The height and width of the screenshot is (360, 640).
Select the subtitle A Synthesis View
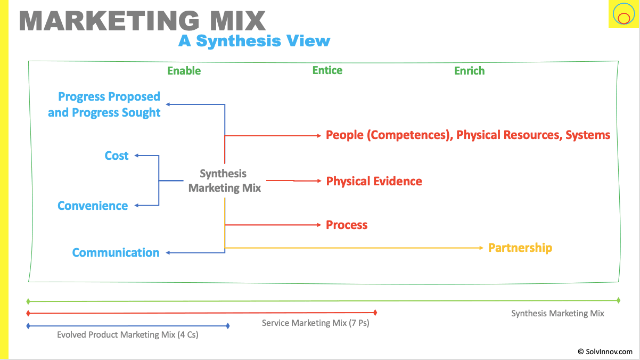pos(254,41)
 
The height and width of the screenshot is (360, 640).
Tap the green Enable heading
pos(184,70)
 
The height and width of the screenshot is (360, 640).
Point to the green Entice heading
pos(327,70)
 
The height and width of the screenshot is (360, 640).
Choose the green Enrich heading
pos(469,70)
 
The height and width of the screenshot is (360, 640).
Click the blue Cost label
pos(117,156)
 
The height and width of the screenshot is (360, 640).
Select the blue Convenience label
pos(93,206)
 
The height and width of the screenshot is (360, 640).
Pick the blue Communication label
pos(116,252)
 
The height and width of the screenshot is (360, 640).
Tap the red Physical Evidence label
pos(374,181)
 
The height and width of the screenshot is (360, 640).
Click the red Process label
pos(347,225)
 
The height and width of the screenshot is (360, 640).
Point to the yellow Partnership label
pos(520,248)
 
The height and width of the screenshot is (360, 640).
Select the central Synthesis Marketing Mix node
pos(224,181)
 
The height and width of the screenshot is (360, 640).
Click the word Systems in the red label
pos(588,135)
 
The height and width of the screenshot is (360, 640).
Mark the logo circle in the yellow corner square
pos(622,14)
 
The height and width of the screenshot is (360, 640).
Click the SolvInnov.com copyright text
pos(605,351)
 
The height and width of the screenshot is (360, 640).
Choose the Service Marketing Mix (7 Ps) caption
pos(315,323)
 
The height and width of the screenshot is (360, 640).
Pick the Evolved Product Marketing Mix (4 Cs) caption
pos(127,335)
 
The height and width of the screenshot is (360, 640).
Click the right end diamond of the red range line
pos(375,313)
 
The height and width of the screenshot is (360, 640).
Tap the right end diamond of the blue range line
pos(228,325)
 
